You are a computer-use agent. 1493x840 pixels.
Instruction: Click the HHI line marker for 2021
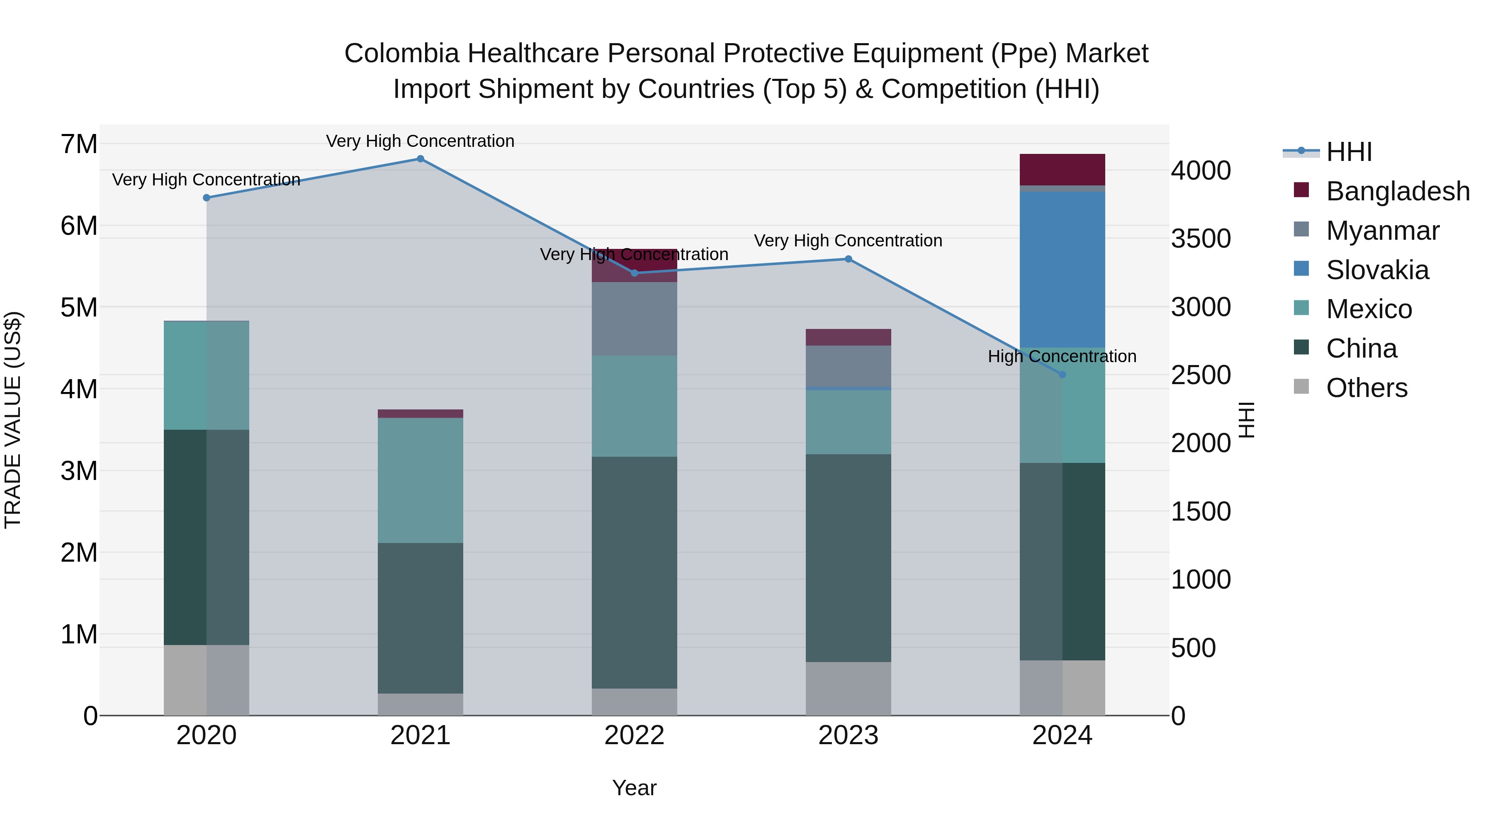(x=420, y=159)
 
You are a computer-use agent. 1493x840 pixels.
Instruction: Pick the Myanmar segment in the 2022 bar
(x=634, y=319)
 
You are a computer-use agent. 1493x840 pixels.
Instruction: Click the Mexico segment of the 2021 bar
(x=420, y=480)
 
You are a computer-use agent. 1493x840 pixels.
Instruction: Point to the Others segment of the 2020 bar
(x=207, y=680)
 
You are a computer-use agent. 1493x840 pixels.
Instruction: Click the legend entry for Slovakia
(x=1377, y=270)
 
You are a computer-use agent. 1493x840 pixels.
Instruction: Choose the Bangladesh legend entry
(x=1397, y=191)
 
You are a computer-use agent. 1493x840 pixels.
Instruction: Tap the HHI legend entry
(x=1348, y=152)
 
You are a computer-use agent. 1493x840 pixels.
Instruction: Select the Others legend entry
(x=1366, y=388)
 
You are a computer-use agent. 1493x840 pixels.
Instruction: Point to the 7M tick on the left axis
(x=79, y=144)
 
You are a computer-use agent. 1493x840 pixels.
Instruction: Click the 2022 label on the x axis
(x=634, y=735)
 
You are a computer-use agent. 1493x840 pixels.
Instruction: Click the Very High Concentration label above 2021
(x=420, y=141)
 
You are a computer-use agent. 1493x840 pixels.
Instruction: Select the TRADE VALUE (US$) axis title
(x=13, y=420)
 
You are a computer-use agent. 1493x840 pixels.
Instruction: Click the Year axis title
(x=634, y=788)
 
